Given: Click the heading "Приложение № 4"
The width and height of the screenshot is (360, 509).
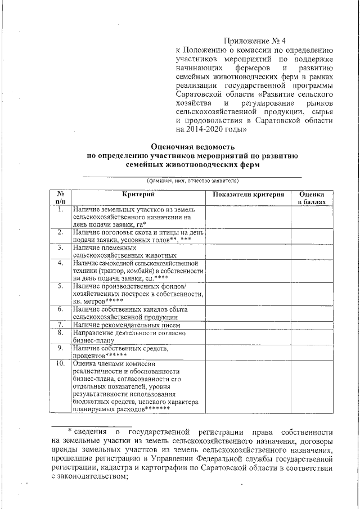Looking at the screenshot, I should [x=255, y=41].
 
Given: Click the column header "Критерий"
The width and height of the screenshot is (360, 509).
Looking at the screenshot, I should [x=138, y=194].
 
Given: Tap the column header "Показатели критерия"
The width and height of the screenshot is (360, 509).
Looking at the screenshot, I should [x=247, y=194].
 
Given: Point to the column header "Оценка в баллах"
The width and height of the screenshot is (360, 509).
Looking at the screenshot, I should [x=311, y=197].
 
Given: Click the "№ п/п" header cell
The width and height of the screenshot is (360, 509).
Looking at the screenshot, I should [x=61, y=197].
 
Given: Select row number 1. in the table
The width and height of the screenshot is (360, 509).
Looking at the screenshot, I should [x=61, y=209].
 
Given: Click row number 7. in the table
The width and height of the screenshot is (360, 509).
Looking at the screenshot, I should [x=61, y=325].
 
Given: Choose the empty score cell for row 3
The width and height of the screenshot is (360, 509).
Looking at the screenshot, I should [x=311, y=251].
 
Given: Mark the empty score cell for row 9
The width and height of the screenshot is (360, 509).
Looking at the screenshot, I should [x=311, y=352].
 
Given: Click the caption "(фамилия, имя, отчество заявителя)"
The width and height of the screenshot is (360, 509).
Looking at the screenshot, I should [x=192, y=181].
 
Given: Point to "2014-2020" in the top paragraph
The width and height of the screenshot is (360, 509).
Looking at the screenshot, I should [x=204, y=128].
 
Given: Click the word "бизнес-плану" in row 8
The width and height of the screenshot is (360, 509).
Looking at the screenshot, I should [x=93, y=340].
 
